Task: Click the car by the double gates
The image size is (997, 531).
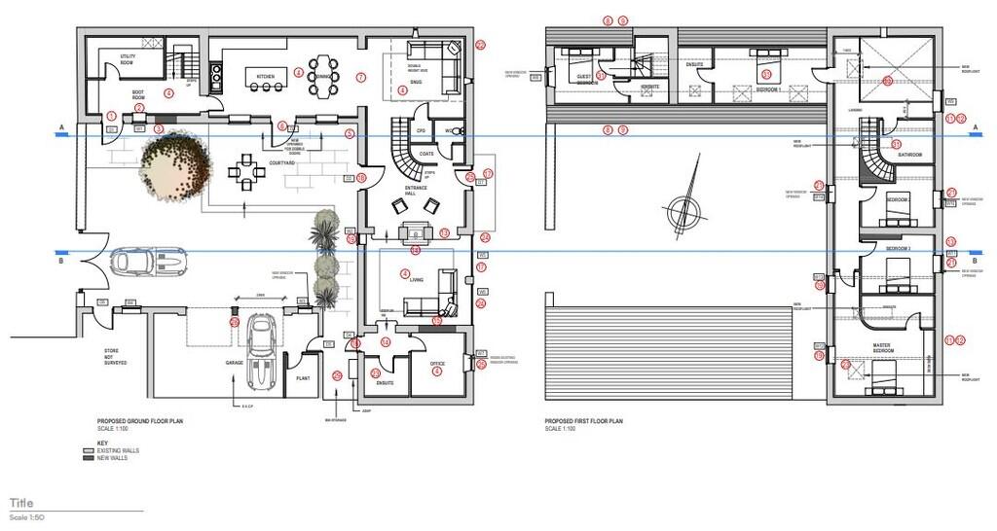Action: tap(148, 261)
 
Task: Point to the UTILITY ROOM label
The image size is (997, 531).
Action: tap(128, 59)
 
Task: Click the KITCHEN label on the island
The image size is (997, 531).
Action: tap(266, 76)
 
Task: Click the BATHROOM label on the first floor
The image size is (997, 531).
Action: tap(910, 155)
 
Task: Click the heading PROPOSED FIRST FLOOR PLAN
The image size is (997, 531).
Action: tap(583, 421)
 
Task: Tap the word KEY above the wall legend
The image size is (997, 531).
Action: tap(89, 442)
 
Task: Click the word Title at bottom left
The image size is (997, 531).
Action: tap(21, 503)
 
